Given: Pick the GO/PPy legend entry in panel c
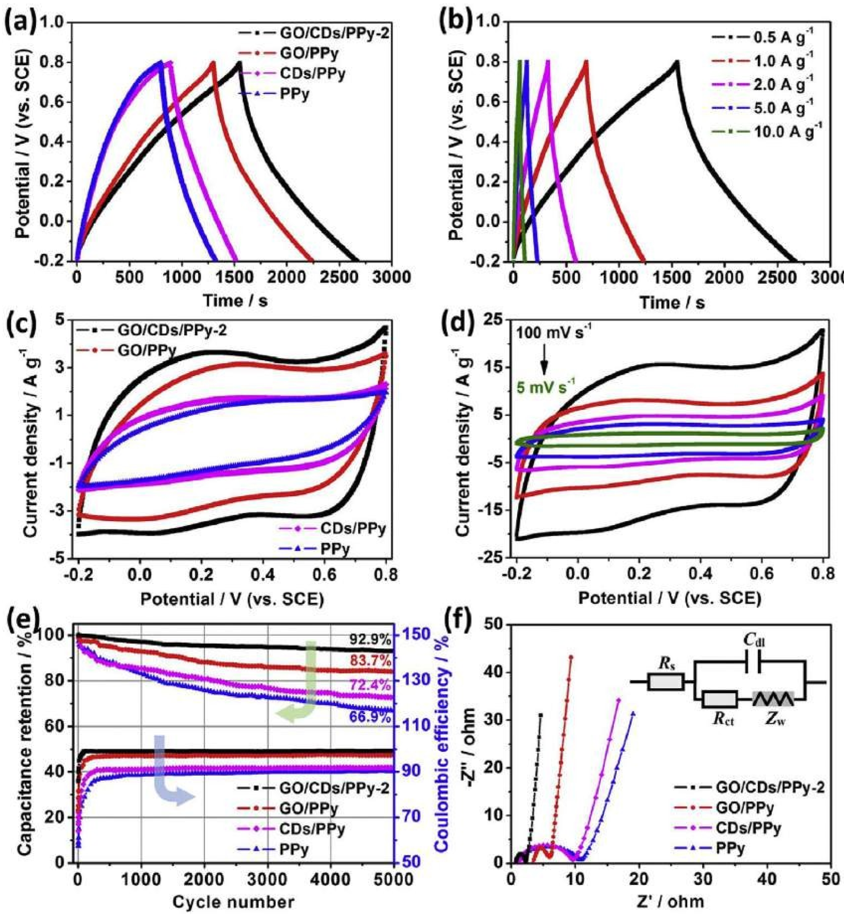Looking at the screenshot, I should [x=146, y=350].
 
